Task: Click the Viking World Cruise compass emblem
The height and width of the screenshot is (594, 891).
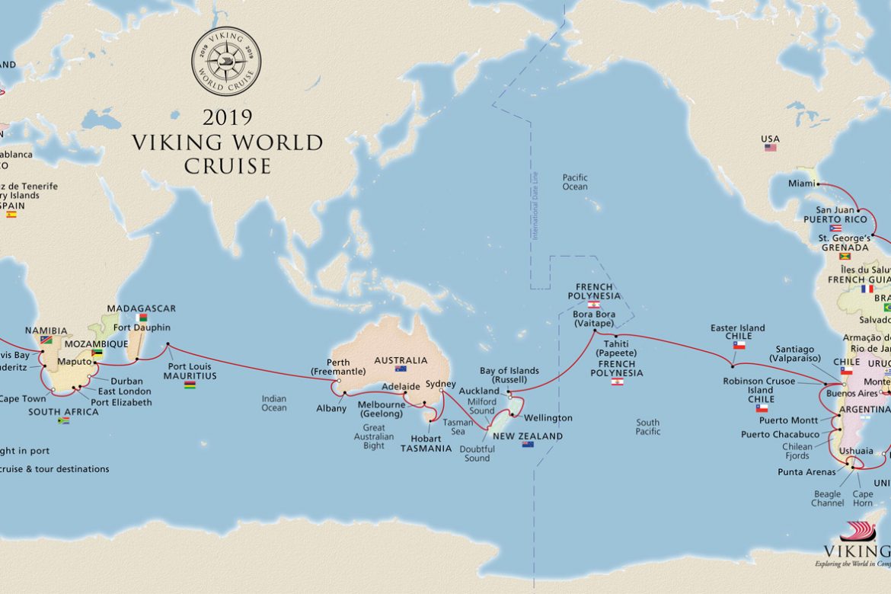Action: [x=225, y=62]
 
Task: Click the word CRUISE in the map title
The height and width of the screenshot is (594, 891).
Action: [x=226, y=166]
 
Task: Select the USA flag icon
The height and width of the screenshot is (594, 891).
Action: [x=771, y=148]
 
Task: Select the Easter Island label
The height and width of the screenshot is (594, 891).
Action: [x=737, y=328]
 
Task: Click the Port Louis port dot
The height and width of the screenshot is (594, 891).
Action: [x=168, y=346]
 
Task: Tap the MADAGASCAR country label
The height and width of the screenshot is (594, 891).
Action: [x=141, y=308]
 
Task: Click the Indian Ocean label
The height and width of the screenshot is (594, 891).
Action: [x=274, y=403]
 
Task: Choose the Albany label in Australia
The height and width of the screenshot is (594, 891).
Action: [x=331, y=408]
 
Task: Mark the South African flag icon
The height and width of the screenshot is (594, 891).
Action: [x=63, y=420]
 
